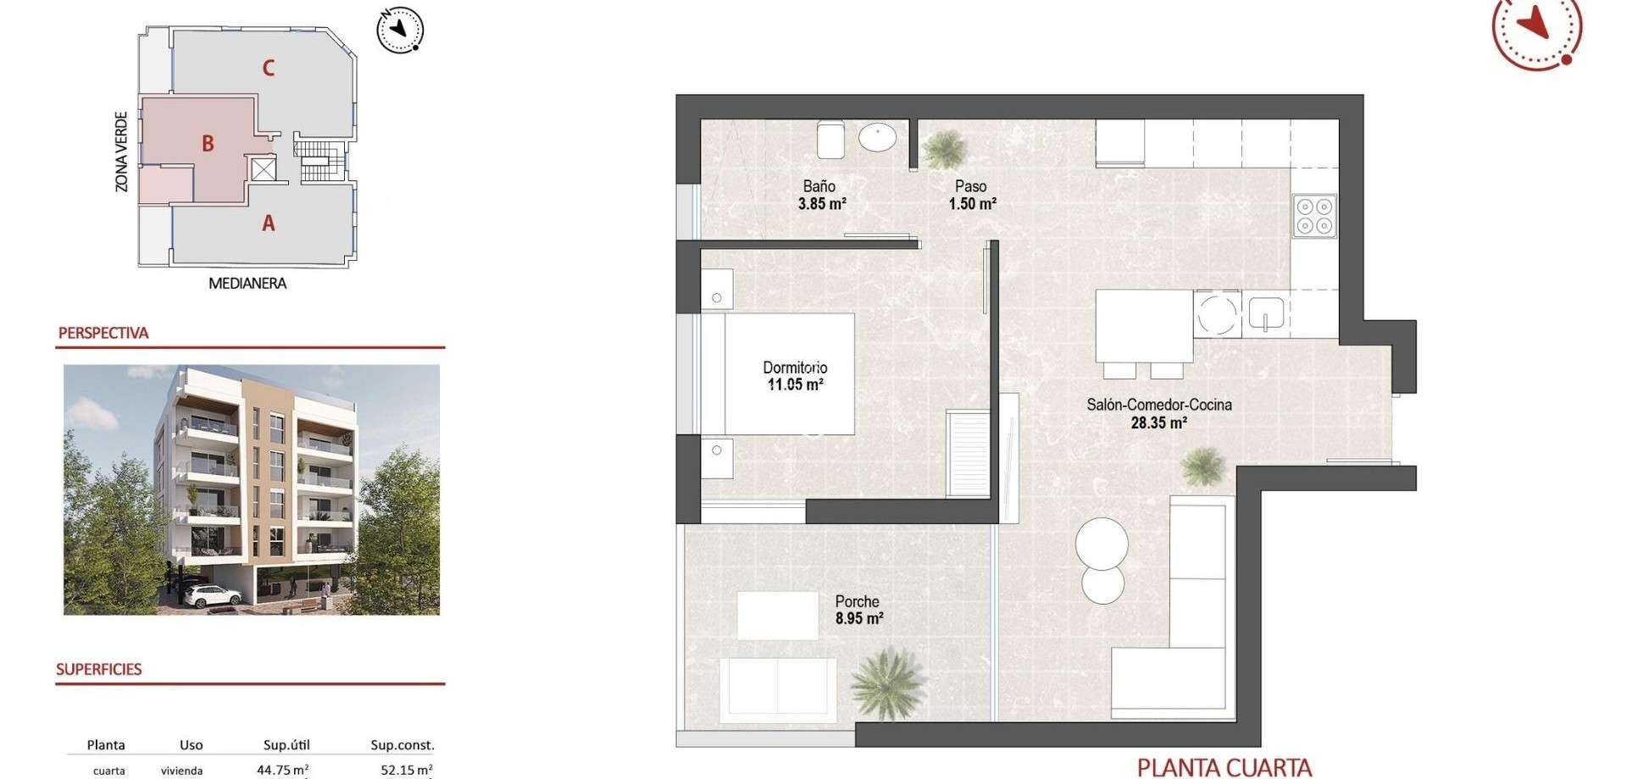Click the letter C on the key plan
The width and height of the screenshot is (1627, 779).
[269, 68]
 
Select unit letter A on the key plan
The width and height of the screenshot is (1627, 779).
[269, 224]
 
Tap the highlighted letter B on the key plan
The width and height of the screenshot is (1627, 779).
[208, 144]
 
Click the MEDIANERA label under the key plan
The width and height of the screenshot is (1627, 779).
[247, 284]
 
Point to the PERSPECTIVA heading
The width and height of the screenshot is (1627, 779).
[103, 333]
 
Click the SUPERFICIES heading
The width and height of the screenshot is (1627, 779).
[99, 669]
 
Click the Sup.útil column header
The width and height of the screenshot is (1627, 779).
[286, 745]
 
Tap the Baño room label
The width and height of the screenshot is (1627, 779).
[819, 186]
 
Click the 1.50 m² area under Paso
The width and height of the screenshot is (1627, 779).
[972, 204]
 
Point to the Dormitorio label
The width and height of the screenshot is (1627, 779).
[795, 367]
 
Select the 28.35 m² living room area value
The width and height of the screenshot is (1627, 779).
[1158, 423]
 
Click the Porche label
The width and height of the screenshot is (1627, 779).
[857, 602]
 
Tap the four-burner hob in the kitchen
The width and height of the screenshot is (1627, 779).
[1314, 216]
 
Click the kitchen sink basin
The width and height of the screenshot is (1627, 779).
[1266, 312]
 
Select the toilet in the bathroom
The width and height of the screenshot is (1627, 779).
[830, 140]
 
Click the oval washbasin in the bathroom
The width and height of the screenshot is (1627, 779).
[878, 136]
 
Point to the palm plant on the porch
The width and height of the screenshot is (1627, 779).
[886, 682]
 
